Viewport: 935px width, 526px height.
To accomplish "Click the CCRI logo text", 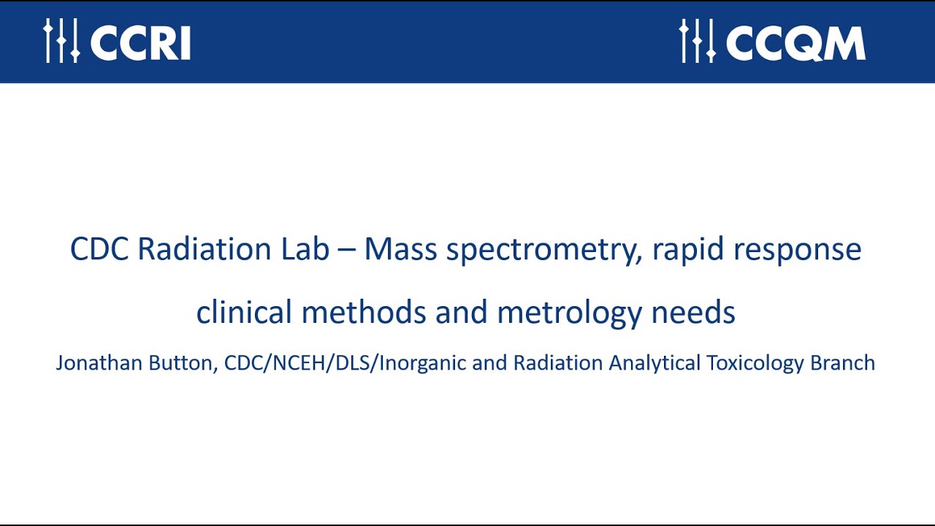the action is point(140,43).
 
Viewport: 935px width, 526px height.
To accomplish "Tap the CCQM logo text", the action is point(795,43).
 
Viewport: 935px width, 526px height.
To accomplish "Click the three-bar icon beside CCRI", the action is point(61,40).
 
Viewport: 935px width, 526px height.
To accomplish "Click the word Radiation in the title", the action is point(204,249).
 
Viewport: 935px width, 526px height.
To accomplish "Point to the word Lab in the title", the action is point(305,249).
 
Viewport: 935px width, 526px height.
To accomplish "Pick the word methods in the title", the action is point(364,312).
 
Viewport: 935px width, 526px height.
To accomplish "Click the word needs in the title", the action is point(693,312).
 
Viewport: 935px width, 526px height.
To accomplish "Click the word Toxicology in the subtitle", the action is point(755,363).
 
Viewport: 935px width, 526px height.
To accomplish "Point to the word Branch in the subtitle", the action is point(843,362).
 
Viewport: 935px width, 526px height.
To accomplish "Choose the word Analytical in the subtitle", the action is point(654,363).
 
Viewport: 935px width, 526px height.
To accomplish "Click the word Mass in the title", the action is point(400,249).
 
